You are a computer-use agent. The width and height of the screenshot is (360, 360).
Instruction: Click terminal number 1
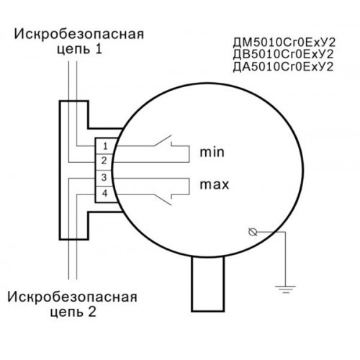(x=105, y=146)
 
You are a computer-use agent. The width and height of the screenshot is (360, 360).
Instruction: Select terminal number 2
(x=104, y=161)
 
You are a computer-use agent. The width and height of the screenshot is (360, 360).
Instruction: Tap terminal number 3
(x=104, y=177)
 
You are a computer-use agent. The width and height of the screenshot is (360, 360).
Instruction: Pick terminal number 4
(x=104, y=193)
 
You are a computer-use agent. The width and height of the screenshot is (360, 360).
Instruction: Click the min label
(x=212, y=152)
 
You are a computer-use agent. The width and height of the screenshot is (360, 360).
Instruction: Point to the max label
(x=215, y=185)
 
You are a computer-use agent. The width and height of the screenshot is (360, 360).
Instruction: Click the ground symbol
(x=285, y=289)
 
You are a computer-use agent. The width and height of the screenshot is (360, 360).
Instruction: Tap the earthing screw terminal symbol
(x=253, y=232)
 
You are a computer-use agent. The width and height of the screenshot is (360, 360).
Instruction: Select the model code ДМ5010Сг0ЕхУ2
(x=284, y=42)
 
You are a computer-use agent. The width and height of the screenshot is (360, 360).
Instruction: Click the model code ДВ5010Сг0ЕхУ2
(x=284, y=55)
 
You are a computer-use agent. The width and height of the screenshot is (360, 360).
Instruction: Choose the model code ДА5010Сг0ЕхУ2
(x=284, y=67)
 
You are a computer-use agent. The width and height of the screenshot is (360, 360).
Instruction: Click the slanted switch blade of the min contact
(x=163, y=140)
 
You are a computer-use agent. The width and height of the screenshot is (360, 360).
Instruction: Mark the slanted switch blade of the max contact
(x=163, y=199)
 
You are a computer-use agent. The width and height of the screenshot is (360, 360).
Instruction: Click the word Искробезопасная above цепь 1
(x=79, y=35)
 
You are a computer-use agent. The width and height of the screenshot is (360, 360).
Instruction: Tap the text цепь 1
(x=80, y=50)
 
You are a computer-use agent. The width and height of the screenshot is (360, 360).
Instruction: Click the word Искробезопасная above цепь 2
(x=73, y=297)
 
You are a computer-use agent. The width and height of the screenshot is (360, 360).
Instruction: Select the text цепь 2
(x=73, y=312)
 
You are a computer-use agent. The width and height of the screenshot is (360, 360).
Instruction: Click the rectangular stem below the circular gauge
(x=208, y=284)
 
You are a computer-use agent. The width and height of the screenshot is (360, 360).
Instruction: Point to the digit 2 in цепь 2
(x=92, y=312)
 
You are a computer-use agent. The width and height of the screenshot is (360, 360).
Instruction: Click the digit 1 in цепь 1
(x=99, y=49)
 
